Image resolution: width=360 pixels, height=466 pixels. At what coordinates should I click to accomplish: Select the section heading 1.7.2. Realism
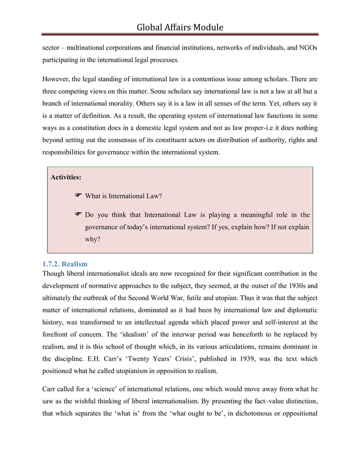[x=65, y=263]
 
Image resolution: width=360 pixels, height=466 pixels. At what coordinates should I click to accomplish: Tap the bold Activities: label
[x=66, y=177]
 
